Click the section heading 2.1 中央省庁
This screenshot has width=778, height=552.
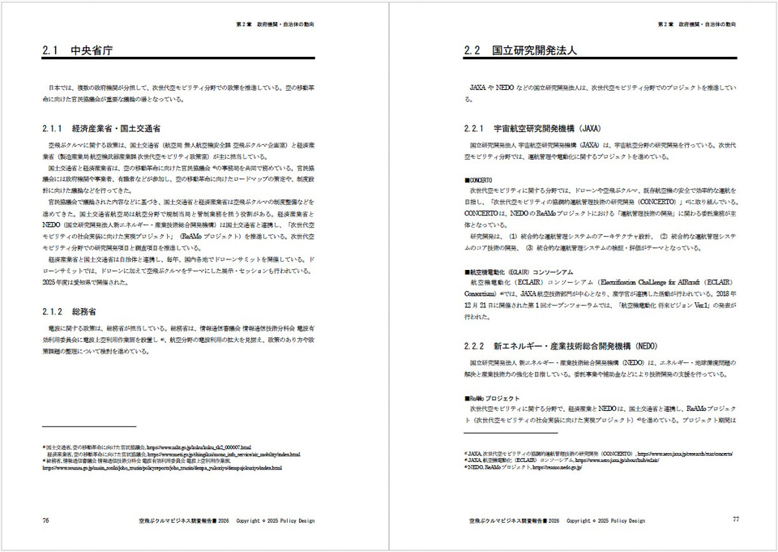click(x=77, y=51)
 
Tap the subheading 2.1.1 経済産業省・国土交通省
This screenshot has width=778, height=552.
click(x=100, y=129)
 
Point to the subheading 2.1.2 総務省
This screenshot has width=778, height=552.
click(x=69, y=311)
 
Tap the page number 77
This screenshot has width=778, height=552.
click(x=735, y=520)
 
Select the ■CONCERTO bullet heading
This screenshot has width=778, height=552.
click(x=478, y=179)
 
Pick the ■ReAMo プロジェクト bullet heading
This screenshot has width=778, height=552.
click(x=492, y=398)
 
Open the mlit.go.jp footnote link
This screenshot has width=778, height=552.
click(x=199, y=447)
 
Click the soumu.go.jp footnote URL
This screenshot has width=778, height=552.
click(x=162, y=468)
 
